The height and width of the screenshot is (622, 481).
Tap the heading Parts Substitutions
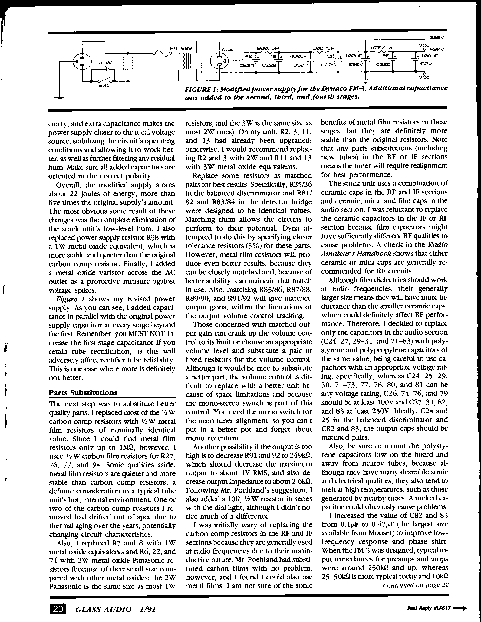pyautogui.click(x=83, y=392)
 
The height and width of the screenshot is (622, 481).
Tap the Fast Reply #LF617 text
pyautogui.click(x=429, y=608)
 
